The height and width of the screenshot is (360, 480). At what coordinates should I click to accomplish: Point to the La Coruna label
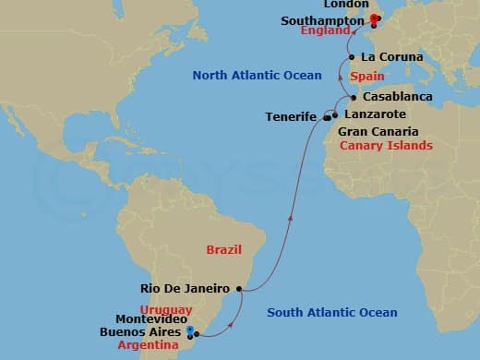tap(390, 57)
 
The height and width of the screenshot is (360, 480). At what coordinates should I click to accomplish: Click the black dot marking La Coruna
tap(352, 57)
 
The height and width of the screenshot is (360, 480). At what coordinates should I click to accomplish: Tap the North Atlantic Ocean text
tap(257, 75)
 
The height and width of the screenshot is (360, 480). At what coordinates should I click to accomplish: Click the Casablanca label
tap(395, 96)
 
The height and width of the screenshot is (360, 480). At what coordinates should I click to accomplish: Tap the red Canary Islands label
tap(386, 146)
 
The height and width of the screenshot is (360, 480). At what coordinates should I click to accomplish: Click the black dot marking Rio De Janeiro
tap(240, 288)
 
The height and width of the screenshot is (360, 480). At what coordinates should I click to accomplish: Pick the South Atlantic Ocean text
tap(331, 313)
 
